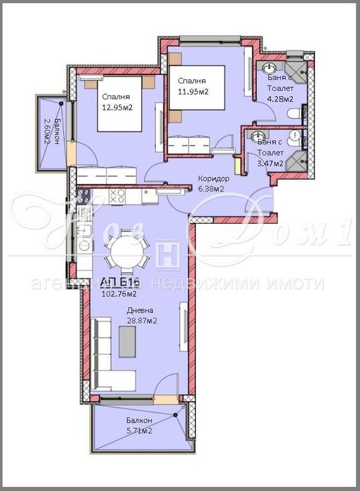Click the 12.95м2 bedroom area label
[117, 107]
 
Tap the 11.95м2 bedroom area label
[192, 92]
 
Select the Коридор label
[211, 178]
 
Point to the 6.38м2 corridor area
[211, 189]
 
